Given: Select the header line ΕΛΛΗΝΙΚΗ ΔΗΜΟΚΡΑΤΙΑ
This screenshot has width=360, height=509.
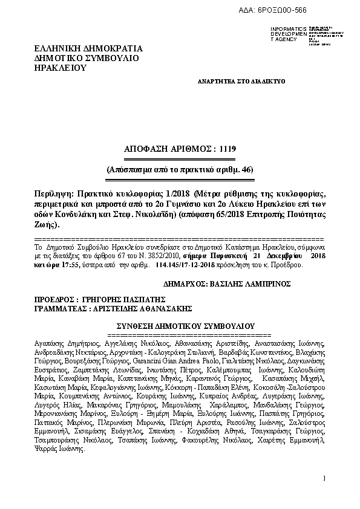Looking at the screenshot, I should tap(88, 48).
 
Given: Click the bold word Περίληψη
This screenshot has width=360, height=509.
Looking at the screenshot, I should tap(53, 194).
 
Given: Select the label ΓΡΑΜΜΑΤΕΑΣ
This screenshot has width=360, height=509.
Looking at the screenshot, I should tap(59, 308).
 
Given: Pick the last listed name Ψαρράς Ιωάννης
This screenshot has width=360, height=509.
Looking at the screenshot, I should tap(57, 450).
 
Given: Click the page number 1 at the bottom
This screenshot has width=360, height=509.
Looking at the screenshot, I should tap(324, 478).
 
